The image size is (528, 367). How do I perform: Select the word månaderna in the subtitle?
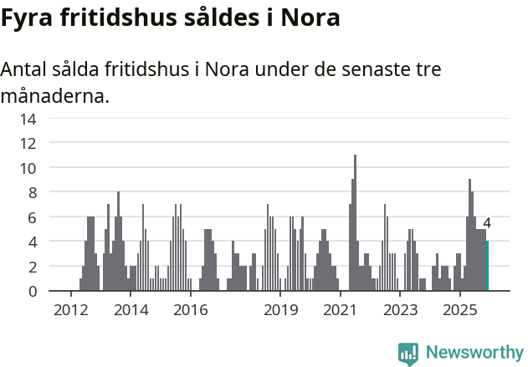point(54,96)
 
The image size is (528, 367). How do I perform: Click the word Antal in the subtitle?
point(27,69)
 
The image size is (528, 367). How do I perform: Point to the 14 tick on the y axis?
point(28,119)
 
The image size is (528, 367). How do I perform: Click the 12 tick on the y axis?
point(28,143)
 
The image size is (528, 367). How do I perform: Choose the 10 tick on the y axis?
point(28,168)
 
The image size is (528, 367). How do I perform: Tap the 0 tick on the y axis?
point(32,291)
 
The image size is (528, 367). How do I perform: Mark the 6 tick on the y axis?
point(32,217)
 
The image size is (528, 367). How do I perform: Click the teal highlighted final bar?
point(487,266)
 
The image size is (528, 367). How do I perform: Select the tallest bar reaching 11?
point(355,222)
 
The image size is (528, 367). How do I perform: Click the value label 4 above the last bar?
point(487,224)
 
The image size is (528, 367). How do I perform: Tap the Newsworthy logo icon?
point(408,353)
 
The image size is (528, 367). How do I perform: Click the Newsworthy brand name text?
point(474,353)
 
